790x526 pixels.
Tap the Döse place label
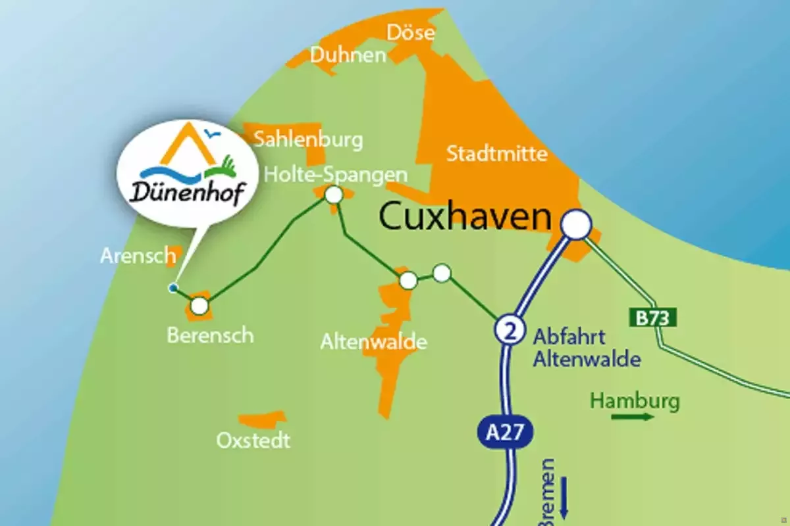click(411, 32)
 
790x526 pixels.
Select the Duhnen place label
click(348, 55)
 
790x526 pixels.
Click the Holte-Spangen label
click(335, 176)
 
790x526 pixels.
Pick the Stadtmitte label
click(497, 154)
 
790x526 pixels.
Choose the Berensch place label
click(210, 335)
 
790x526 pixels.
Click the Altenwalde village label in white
click(373, 342)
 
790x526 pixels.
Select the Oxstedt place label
click(253, 439)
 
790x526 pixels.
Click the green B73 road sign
click(654, 319)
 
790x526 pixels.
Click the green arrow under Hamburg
click(633, 416)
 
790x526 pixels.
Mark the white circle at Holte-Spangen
click(334, 195)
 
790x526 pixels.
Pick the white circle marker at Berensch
click(199, 306)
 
